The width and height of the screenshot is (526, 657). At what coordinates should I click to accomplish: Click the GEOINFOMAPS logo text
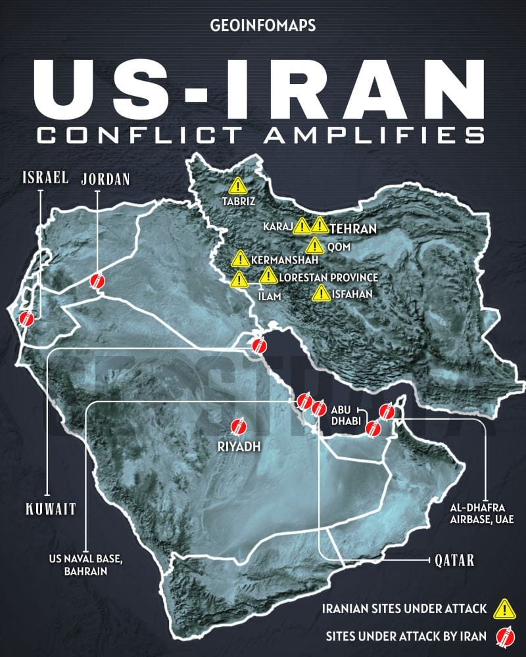tap(263, 26)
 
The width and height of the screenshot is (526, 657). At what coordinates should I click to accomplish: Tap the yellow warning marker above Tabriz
tap(237, 185)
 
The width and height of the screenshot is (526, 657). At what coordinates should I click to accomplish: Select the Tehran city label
tap(353, 229)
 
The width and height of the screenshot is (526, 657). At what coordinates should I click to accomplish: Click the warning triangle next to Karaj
tap(301, 226)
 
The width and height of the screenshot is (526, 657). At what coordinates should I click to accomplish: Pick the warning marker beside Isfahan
tap(321, 293)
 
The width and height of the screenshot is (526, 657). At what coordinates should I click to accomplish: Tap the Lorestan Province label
tap(329, 277)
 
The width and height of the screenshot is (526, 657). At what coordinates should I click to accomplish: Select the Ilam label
tap(270, 296)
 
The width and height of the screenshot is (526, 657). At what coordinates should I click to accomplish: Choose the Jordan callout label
tap(106, 178)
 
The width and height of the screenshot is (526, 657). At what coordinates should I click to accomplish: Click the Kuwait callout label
tap(51, 509)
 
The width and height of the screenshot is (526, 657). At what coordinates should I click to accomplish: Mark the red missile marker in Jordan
tap(98, 282)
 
